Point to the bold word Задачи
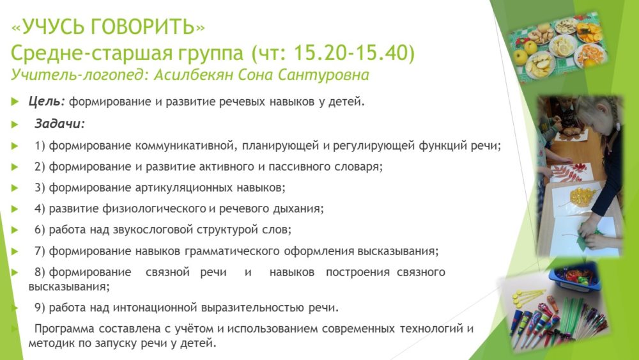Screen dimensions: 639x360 pyautogui.click(x=59, y=123)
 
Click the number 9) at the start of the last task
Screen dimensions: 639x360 pyautogui.click(x=40, y=308)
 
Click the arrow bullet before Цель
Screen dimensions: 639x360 pyautogui.click(x=15, y=102)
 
